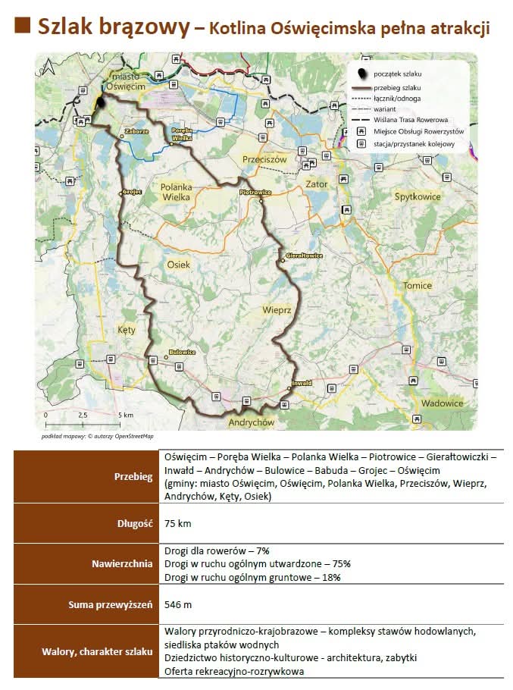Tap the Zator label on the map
click(316, 184)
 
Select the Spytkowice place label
click(418, 196)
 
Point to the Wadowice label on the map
click(442, 403)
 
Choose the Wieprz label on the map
click(277, 310)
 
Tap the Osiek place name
click(178, 265)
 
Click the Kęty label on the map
click(126, 330)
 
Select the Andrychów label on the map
click(251, 422)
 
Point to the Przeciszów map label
click(264, 160)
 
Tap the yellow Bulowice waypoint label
click(182, 353)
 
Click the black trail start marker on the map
click(100, 105)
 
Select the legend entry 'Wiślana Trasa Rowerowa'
click(410, 120)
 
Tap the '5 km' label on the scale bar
click(126, 416)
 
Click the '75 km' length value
click(177, 524)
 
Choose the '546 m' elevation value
click(178, 604)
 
